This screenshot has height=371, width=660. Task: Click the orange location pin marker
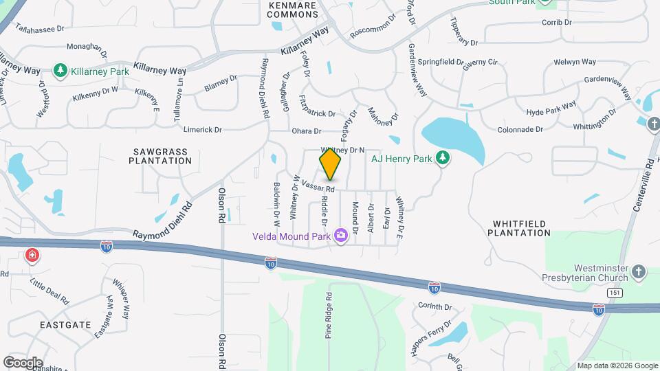click(331, 164)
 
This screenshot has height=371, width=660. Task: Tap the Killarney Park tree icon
click(60, 71)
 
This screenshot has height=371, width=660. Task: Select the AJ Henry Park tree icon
click(443, 158)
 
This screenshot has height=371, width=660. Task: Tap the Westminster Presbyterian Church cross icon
click(639, 272)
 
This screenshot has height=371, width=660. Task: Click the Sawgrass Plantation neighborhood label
click(159, 155)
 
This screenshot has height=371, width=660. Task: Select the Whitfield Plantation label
click(519, 228)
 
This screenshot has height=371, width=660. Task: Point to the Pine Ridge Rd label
click(329, 317)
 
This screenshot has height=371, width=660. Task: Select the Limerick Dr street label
click(203, 129)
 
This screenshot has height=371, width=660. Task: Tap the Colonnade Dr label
click(520, 129)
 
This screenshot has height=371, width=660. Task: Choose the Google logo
click(23, 362)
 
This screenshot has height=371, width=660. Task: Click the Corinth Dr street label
click(435, 307)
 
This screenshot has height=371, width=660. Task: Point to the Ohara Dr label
click(307, 131)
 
